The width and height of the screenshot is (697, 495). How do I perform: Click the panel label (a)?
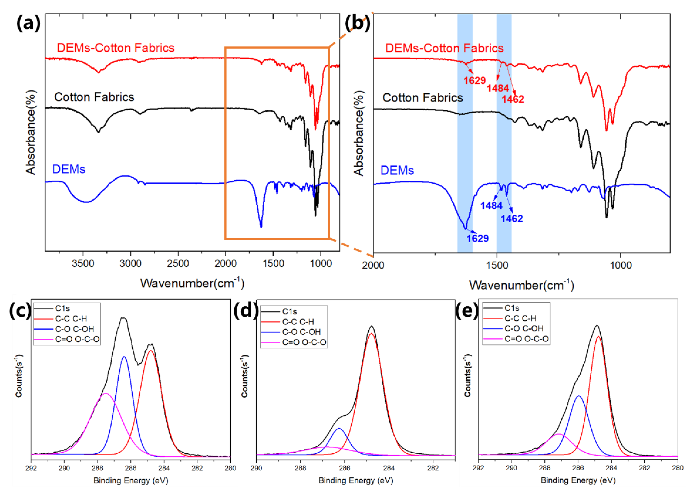point(28,23)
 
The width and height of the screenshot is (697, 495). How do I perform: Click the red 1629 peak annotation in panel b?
point(474,80)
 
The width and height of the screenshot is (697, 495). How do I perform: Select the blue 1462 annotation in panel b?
point(512,219)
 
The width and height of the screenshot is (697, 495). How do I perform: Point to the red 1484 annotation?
point(498,88)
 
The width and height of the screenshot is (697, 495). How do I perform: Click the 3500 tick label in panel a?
point(83,263)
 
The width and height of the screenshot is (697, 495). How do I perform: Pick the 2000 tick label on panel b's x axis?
point(373,265)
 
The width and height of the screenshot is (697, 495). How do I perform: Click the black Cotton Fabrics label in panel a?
point(94,97)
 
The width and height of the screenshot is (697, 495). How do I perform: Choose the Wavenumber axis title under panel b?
point(521,285)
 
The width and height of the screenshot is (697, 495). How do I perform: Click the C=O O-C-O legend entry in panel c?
point(77,339)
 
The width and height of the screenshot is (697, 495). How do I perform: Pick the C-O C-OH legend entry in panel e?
point(524,328)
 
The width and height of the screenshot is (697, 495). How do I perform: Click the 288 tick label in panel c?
point(97,468)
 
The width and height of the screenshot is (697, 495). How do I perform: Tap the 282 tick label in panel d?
point(433,468)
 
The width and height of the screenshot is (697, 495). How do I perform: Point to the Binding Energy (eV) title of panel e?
point(578,481)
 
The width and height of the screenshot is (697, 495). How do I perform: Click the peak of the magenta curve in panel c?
point(106,394)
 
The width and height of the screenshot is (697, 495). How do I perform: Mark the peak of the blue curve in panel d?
point(339,428)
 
